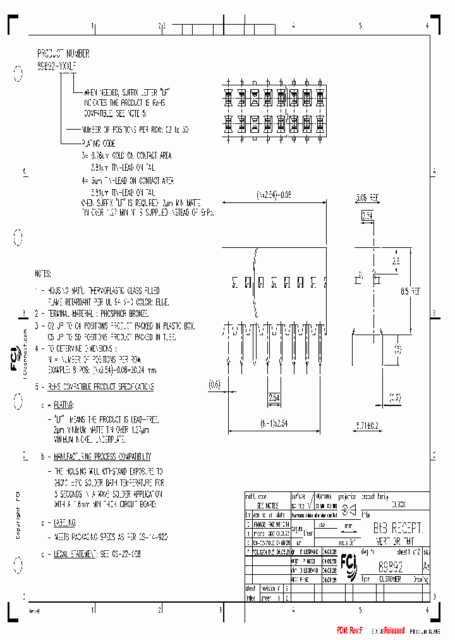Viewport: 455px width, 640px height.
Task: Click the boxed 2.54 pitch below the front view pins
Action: (x=274, y=397)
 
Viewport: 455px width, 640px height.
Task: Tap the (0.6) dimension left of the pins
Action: (x=214, y=383)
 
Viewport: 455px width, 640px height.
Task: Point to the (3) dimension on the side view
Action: (x=397, y=348)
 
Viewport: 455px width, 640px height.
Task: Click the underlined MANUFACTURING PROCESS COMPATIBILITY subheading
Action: (x=101, y=456)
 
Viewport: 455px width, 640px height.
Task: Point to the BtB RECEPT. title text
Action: (x=397, y=527)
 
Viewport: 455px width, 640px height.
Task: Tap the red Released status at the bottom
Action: (x=390, y=631)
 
